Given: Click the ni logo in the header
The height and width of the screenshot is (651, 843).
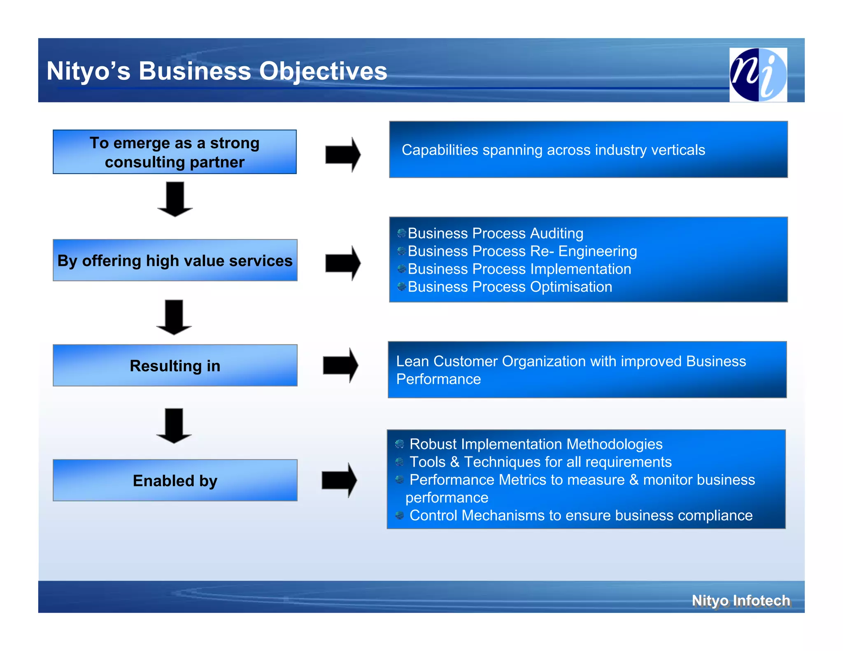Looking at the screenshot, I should click(x=758, y=74).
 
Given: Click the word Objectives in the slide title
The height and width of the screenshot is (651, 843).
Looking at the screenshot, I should click(x=323, y=71).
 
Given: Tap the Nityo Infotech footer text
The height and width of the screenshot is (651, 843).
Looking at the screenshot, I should click(x=741, y=600).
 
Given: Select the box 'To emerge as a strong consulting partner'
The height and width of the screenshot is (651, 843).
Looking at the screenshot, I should click(x=175, y=152).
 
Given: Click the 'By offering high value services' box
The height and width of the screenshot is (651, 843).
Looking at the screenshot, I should click(x=175, y=260).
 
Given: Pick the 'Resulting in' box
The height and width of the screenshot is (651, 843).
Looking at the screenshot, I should click(x=175, y=365).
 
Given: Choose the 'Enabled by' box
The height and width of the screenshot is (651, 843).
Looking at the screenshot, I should click(x=175, y=480).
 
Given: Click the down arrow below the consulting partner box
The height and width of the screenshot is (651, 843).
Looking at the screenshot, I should click(x=175, y=199).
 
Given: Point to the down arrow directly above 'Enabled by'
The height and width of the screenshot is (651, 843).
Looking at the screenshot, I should click(x=174, y=426).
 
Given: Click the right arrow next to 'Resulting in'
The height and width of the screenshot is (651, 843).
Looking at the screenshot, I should click(x=341, y=365).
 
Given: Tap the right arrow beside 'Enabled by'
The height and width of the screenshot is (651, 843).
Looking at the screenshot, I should click(x=340, y=480).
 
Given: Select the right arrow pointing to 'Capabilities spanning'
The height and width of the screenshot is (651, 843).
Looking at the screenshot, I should click(x=343, y=155).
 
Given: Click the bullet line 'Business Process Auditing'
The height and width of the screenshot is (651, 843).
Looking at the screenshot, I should click(x=495, y=233).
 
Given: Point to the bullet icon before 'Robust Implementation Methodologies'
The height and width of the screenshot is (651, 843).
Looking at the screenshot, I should click(x=399, y=444).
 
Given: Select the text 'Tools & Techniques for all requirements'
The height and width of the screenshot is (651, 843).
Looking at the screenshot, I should click(x=540, y=462).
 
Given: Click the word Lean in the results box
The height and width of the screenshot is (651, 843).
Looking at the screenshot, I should click(x=412, y=361).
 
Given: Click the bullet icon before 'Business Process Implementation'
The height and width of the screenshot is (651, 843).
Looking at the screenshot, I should click(x=402, y=269).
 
